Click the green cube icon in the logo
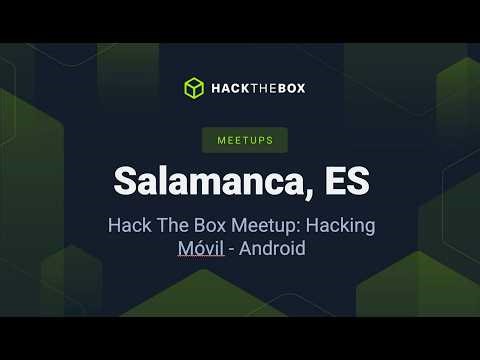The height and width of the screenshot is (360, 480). tap(194, 88)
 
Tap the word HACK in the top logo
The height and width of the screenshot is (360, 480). tap(226, 88)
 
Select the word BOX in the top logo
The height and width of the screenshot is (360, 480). tap(290, 88)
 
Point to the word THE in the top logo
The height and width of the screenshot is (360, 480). tap(258, 88)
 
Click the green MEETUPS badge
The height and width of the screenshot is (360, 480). tap(239, 140)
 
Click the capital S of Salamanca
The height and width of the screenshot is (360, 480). tap(124, 181)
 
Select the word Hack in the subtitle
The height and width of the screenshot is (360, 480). tap(128, 225)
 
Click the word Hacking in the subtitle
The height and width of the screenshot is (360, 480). tap(339, 225)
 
